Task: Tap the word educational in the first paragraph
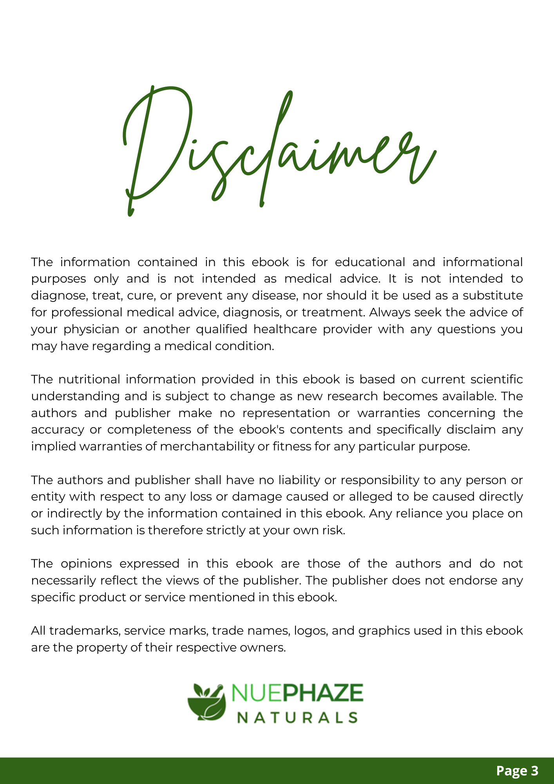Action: point(370,262)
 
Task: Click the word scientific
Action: point(496,379)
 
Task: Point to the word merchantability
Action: point(207,446)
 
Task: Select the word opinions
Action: point(86,564)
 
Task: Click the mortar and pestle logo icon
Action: point(207,702)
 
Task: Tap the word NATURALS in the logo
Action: point(298,717)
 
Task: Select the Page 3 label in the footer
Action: point(517,771)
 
